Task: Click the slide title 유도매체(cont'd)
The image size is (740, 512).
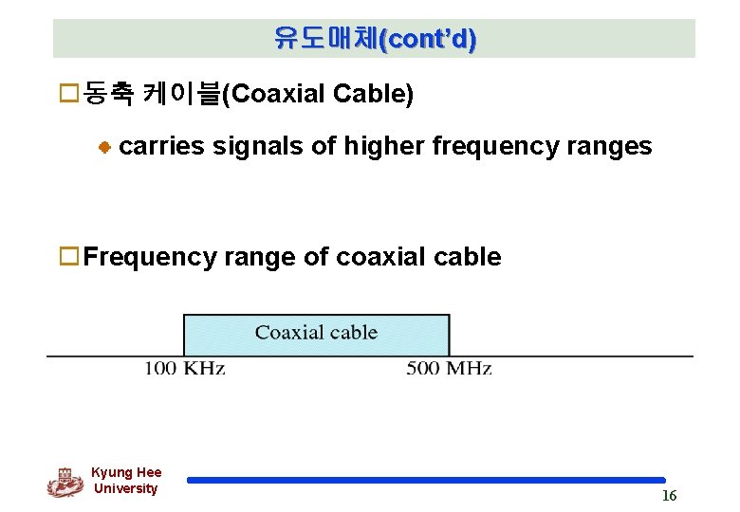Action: click(x=375, y=39)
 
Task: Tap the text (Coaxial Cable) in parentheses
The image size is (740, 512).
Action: click(x=317, y=94)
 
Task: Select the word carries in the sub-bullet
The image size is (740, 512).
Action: click(x=162, y=146)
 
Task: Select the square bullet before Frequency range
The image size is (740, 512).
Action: click(x=67, y=256)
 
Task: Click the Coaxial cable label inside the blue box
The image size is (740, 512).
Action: click(x=316, y=333)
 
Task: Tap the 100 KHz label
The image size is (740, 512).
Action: click(x=184, y=368)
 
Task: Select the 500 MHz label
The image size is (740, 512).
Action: click(x=449, y=368)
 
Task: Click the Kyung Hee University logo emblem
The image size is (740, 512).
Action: click(x=65, y=482)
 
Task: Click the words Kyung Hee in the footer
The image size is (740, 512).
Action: click(x=126, y=472)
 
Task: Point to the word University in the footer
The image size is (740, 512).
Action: click(x=126, y=488)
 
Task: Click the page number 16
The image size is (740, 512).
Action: click(x=669, y=496)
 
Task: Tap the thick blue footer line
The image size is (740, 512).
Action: click(x=426, y=481)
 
